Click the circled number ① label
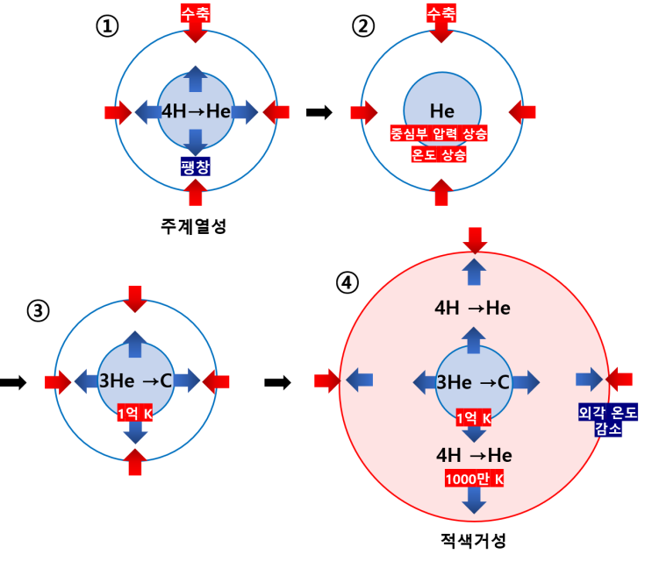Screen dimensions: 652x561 point(107,26)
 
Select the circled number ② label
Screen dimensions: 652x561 point(363,26)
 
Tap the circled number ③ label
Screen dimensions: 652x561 point(39,310)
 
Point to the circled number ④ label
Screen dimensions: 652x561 point(347,283)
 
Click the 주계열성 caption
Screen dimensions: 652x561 point(193,226)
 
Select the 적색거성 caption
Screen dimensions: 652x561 point(473,540)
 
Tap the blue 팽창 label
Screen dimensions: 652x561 point(196,167)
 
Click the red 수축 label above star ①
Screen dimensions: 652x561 point(196,13)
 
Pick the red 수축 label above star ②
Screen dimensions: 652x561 point(441,13)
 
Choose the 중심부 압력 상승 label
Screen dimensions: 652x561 point(439,133)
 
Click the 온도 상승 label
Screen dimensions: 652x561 point(439,154)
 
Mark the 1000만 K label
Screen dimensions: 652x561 point(474,479)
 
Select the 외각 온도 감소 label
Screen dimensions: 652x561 point(608,420)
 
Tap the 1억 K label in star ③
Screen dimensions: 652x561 point(135,413)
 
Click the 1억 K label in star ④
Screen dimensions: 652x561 point(474,417)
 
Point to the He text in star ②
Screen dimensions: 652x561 point(442,111)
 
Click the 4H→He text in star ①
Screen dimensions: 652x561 point(197,111)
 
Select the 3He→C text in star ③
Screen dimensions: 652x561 point(135,380)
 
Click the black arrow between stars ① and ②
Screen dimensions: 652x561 point(319,112)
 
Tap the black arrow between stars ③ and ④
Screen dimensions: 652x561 point(278,382)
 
